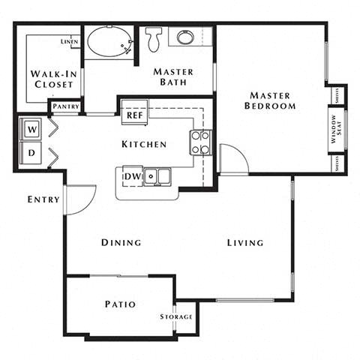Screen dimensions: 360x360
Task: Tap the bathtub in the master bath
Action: pyautogui.click(x=109, y=42)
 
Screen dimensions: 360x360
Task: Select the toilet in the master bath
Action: pyautogui.click(x=154, y=38)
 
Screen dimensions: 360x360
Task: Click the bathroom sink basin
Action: pyautogui.click(x=184, y=37)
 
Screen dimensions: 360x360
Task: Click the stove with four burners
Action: pyautogui.click(x=200, y=142)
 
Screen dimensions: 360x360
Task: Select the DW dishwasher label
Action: pyautogui.click(x=132, y=176)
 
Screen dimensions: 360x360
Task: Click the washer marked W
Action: pyautogui.click(x=32, y=129)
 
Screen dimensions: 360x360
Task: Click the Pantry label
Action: pyautogui.click(x=66, y=107)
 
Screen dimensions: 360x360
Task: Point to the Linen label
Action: pyautogui.click(x=69, y=42)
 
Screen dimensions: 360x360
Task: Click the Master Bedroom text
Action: pyautogui.click(x=270, y=100)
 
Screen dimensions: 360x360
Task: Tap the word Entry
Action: pyautogui.click(x=43, y=199)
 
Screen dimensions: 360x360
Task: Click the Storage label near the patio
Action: pyautogui.click(x=176, y=316)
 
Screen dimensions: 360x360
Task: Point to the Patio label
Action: pyautogui.click(x=119, y=304)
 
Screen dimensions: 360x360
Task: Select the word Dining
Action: pyautogui.click(x=121, y=242)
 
